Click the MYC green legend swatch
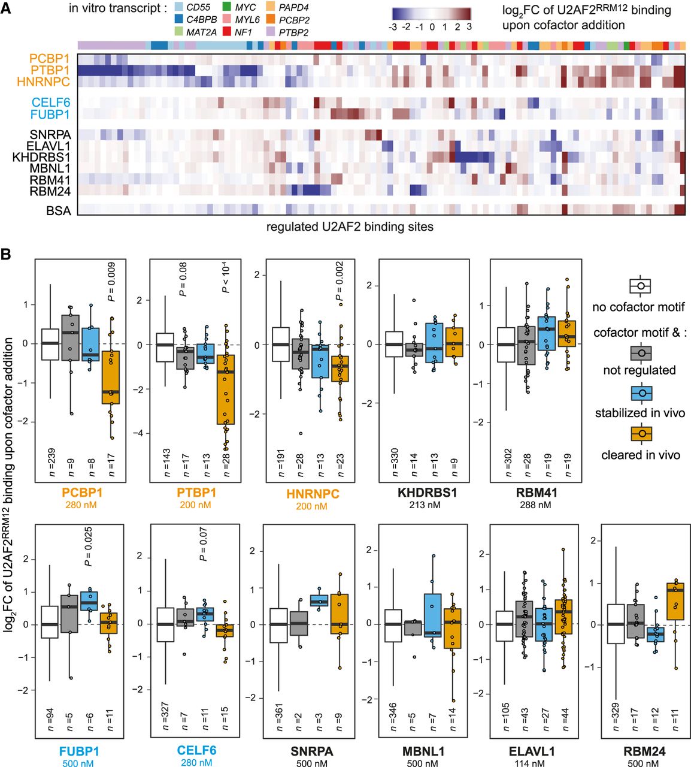click(226, 7)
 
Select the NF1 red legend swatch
click(226, 32)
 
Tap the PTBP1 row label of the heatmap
click(50, 70)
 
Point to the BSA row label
click(59, 211)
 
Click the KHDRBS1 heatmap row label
click(41, 158)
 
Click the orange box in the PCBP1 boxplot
click(111, 377)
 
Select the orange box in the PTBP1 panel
click(226, 389)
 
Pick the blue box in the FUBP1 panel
click(89, 600)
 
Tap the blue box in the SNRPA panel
click(319, 600)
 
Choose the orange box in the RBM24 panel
click(675, 601)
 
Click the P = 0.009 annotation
click(111, 282)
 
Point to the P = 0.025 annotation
click(88, 546)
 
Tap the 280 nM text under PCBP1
click(81, 505)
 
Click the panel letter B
click(6, 253)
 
